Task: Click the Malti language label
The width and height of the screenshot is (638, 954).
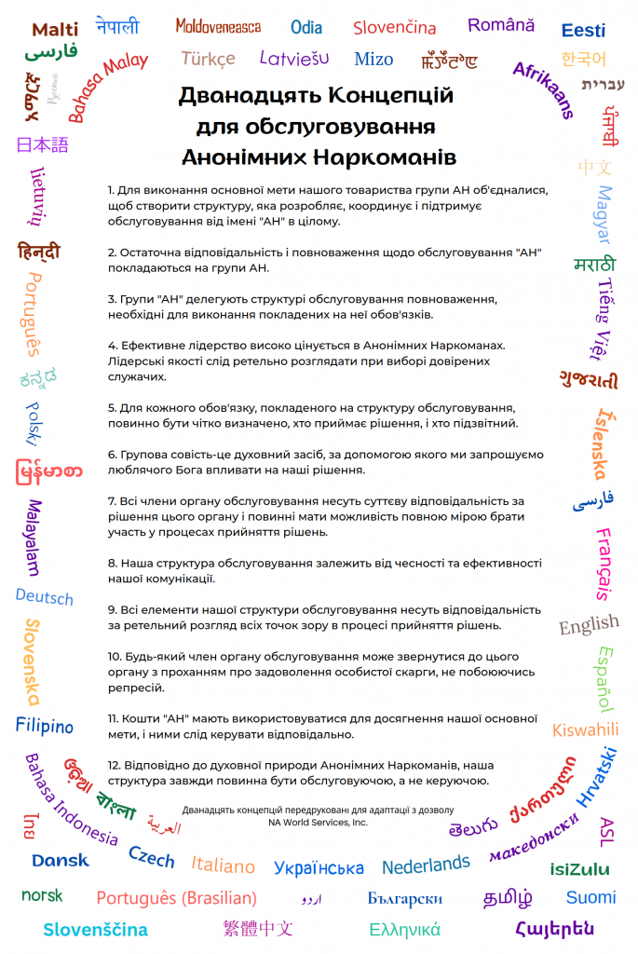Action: coord(55,30)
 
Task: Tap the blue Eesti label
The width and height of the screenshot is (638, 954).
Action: coord(583,31)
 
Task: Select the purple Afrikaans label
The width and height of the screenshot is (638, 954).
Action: coord(544,89)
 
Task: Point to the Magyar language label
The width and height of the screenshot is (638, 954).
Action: coord(604,213)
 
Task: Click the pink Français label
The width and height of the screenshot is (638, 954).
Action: coord(604,564)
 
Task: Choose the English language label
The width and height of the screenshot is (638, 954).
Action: coord(589,624)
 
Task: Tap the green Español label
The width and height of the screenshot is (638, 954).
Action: coord(604,678)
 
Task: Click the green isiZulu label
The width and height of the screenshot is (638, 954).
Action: coord(579,869)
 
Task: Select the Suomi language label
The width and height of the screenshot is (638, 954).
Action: coord(590,897)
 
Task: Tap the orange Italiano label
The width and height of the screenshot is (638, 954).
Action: coord(224,865)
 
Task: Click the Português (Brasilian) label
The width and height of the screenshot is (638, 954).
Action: coord(176,898)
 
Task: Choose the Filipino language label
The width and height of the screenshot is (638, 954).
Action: coord(44,725)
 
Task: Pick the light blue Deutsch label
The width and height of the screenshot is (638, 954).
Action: coord(44,596)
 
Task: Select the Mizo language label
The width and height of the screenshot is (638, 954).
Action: coord(373,60)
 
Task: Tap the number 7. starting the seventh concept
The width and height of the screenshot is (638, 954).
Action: coord(112,500)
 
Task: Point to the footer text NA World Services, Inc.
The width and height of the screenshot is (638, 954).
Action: coord(318,823)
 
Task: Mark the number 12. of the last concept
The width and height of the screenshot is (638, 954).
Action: coord(115,765)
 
